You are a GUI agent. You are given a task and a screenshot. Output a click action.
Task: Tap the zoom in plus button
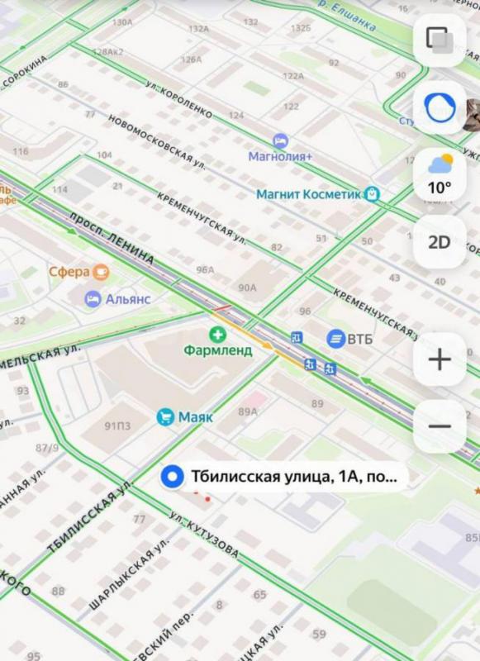(x=440, y=359)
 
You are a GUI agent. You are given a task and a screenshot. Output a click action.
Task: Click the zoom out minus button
(x=440, y=426)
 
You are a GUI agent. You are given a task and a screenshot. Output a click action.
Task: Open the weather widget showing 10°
(x=440, y=174)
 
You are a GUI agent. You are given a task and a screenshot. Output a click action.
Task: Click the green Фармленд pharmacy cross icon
(x=217, y=334)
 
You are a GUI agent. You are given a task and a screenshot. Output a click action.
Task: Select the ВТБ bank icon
(x=336, y=338)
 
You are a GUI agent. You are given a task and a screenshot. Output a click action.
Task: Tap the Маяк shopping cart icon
(x=166, y=417)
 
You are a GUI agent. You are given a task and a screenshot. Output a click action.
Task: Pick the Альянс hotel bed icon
(x=93, y=298)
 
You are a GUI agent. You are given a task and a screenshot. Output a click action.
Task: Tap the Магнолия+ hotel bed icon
(x=280, y=140)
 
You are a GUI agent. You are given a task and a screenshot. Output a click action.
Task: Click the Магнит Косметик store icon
(x=373, y=194)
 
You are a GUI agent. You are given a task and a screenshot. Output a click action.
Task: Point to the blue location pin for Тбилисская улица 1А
(x=173, y=477)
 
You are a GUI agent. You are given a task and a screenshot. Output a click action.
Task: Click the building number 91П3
(x=117, y=426)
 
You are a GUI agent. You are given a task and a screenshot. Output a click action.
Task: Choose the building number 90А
(x=247, y=288)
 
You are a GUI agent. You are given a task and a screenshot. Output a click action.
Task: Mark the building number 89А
(x=247, y=411)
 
